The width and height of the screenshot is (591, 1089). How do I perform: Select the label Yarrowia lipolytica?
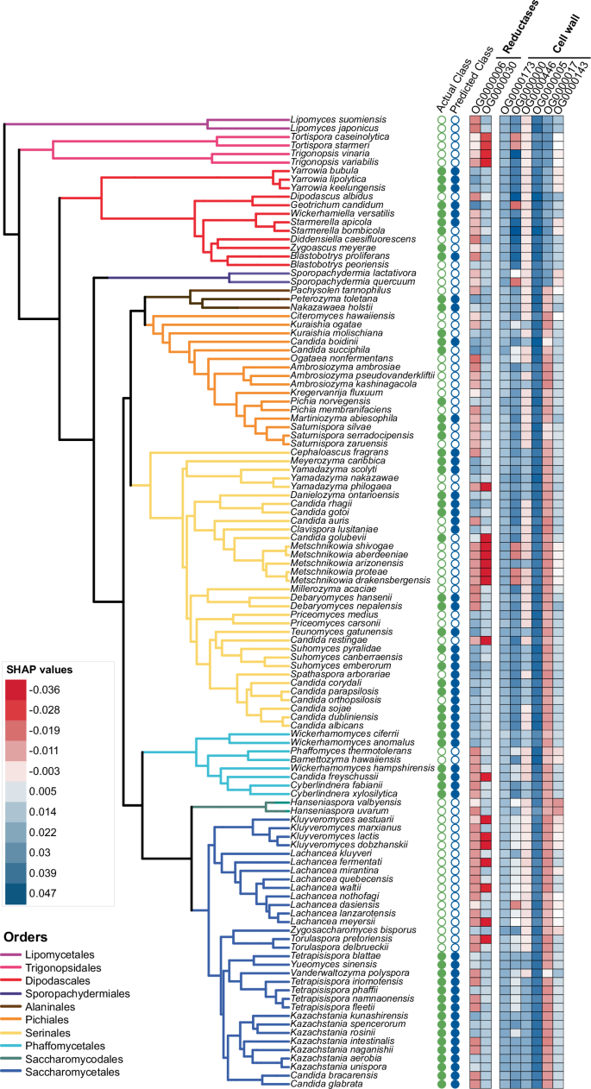(x=324, y=179)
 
